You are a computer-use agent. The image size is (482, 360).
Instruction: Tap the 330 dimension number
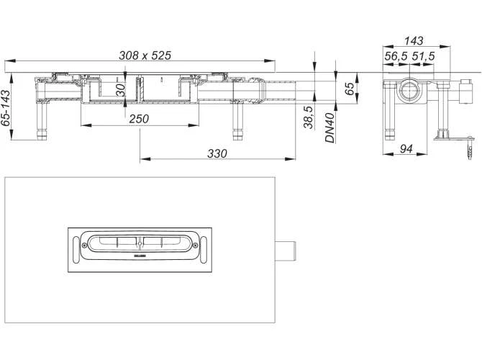(217, 153)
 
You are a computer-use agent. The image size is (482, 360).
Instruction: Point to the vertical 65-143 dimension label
(6, 107)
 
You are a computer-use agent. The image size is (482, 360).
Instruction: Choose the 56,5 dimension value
(396, 55)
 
